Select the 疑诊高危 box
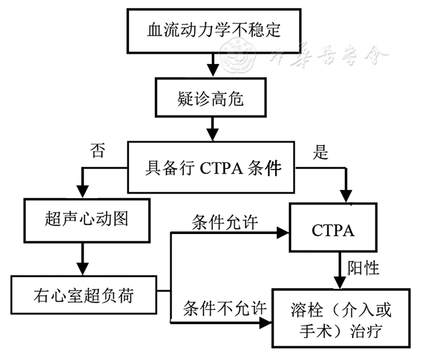(x=211, y=99)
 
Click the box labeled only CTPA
(x=333, y=230)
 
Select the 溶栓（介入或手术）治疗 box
(x=341, y=318)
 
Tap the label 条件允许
(x=225, y=222)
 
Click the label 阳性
(x=363, y=268)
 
